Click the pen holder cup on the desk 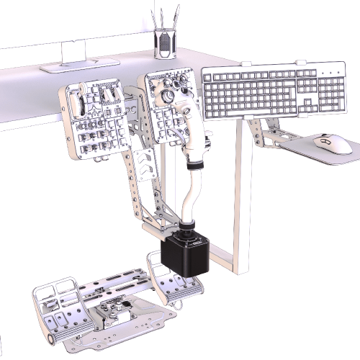coord(165,44)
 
